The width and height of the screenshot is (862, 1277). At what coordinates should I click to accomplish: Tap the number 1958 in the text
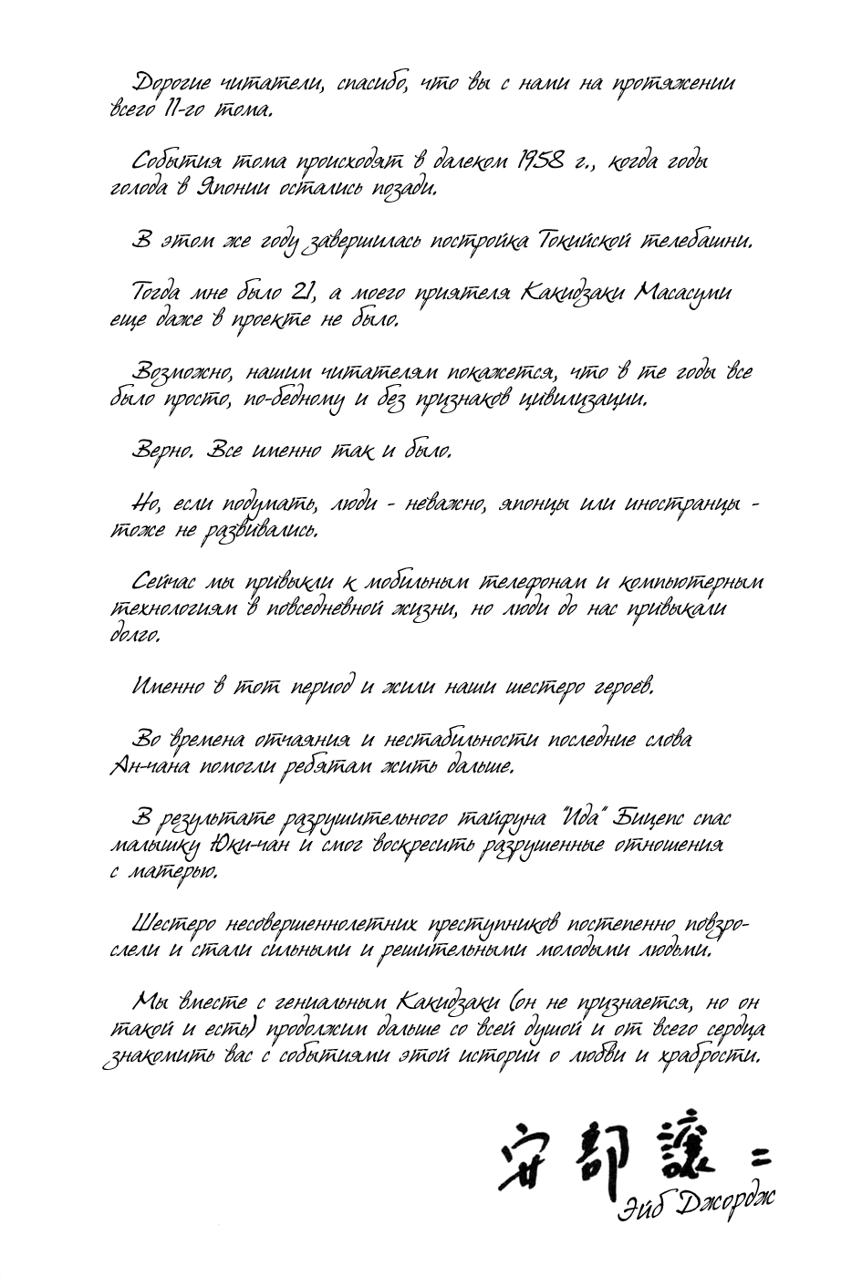point(547,162)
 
